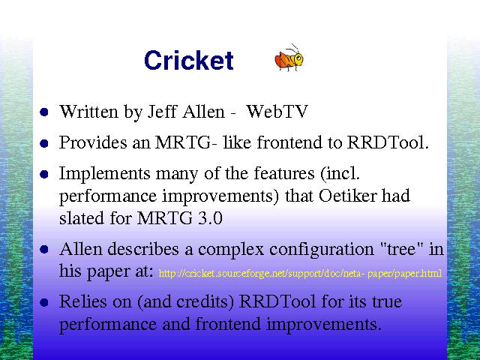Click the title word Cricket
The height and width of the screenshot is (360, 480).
[189, 60]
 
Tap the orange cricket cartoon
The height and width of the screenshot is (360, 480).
[289, 58]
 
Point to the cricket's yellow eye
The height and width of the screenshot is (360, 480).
[298, 58]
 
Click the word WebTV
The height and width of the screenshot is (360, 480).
[277, 111]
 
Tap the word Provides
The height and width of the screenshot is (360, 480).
[93, 142]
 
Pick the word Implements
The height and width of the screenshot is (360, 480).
[105, 174]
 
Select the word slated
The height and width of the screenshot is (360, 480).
[82, 218]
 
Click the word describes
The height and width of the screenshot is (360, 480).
[143, 248]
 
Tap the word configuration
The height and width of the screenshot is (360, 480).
[322, 250]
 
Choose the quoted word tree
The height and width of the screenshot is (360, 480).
[402, 248]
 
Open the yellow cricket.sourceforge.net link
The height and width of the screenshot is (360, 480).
[300, 273]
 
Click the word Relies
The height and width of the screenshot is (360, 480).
[83, 301]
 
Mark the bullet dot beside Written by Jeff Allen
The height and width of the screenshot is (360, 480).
[44, 112]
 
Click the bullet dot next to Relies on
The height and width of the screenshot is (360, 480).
[44, 302]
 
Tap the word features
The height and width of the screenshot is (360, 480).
[284, 173]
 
